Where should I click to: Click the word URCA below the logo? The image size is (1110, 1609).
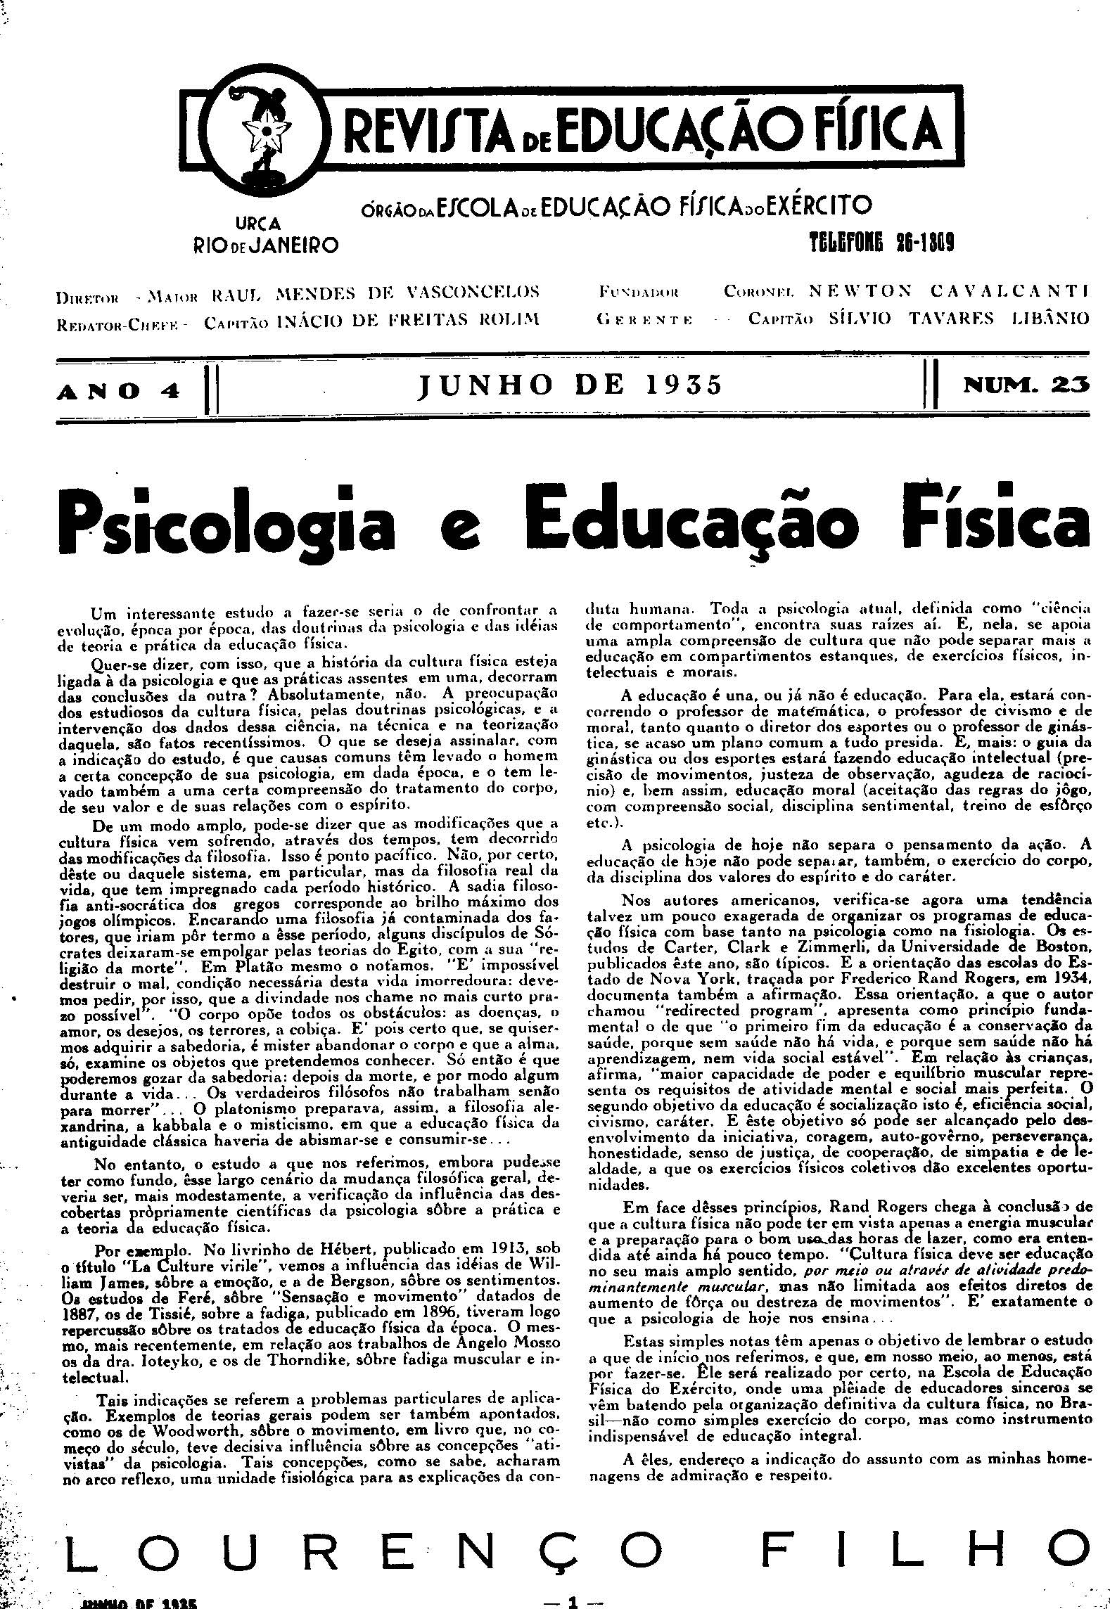pos(258,224)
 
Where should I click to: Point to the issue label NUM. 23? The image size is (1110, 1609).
pos(1028,385)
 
